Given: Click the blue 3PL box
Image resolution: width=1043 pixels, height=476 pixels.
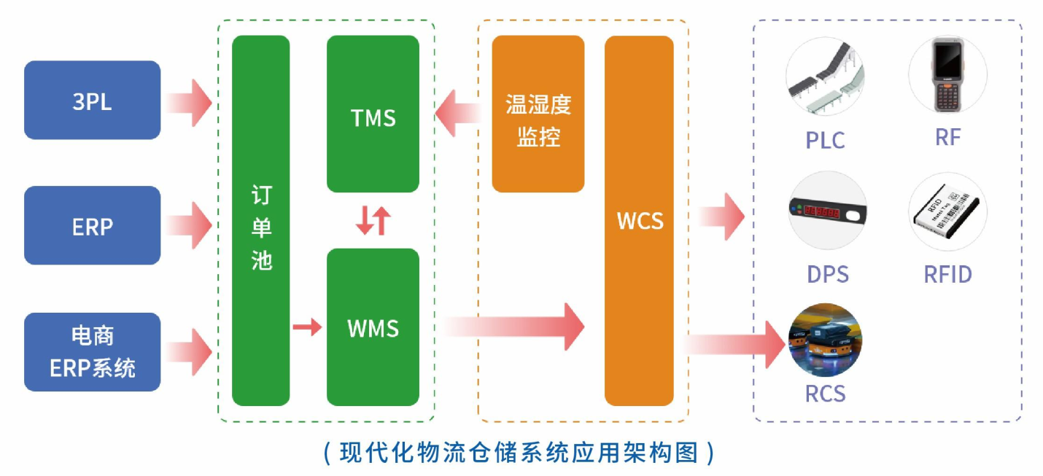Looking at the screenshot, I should pos(92,101).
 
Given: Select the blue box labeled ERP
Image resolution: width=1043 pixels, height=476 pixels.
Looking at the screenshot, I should pos(92,226).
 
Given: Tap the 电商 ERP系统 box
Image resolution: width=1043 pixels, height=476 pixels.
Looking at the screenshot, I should pos(92,351).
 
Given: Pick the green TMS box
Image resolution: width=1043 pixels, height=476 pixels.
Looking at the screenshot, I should pos(373,114).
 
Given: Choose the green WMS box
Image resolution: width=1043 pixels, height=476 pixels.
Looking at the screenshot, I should pos(373,327).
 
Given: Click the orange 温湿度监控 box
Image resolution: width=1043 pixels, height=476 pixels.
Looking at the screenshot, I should pos(538,114).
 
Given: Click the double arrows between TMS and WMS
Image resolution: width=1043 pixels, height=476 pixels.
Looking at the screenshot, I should pos(373,220).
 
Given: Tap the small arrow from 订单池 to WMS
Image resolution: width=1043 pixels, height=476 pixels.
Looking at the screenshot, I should pos(306,327).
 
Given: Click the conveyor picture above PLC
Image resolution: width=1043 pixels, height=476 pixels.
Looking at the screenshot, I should pos(825,77).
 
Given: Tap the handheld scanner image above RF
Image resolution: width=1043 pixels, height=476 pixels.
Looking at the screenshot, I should pos(947,77).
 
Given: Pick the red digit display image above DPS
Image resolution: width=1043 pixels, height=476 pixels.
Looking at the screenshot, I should pos(828,211).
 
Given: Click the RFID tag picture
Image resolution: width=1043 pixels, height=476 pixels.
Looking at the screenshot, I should pos(947,211).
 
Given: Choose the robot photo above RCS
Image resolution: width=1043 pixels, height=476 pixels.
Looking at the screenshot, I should pos(825,340).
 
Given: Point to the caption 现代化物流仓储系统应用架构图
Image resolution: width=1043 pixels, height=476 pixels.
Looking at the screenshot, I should pos(519,453).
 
